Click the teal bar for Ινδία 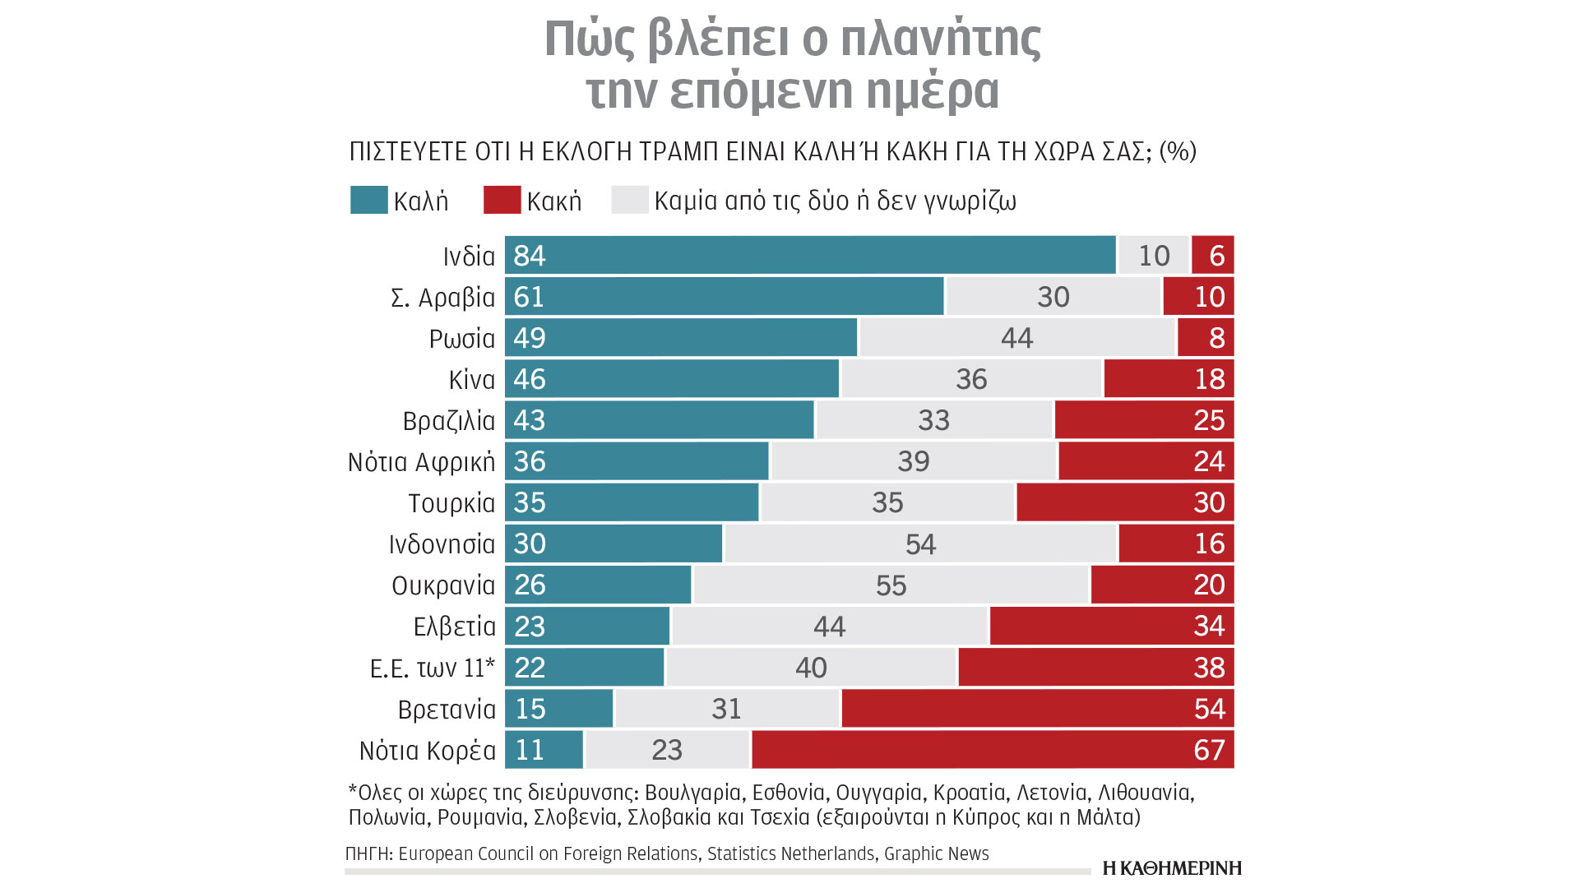click(x=810, y=255)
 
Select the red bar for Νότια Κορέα click(x=993, y=750)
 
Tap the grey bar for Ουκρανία click(x=891, y=585)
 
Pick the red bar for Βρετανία click(x=1037, y=709)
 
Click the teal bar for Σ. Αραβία click(x=724, y=296)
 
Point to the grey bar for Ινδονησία click(x=920, y=543)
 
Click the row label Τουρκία click(x=451, y=503)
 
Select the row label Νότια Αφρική click(x=421, y=462)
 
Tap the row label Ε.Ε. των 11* click(x=433, y=668)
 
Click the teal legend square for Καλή click(x=368, y=201)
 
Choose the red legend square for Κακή click(x=502, y=201)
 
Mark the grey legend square click(x=630, y=201)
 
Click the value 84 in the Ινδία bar click(x=530, y=256)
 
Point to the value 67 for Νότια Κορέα click(x=1209, y=750)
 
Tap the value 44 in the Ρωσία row click(x=1016, y=338)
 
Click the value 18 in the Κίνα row click(x=1209, y=379)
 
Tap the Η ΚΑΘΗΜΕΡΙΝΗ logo click(x=1172, y=868)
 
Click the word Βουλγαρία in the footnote click(x=692, y=793)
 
